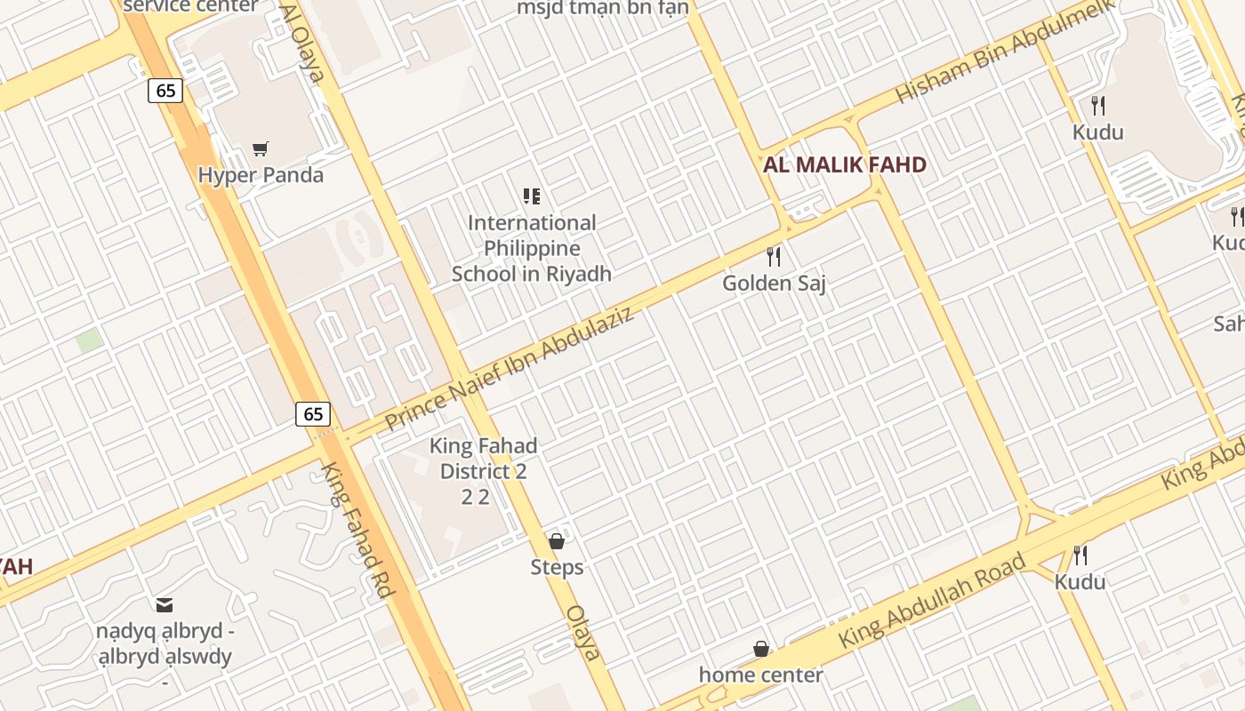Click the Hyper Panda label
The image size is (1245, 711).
click(261, 175)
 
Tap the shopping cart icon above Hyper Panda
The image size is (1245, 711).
click(260, 149)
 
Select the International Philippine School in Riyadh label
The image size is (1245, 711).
click(531, 248)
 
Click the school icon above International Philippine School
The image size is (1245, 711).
click(531, 196)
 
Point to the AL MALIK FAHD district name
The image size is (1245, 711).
click(845, 164)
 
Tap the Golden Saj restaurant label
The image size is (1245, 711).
click(774, 284)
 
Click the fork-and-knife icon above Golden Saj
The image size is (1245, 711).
click(774, 257)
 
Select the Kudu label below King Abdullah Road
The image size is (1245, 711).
click(1080, 582)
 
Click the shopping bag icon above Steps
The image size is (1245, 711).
click(557, 541)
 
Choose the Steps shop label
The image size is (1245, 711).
click(557, 567)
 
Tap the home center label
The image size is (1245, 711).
click(760, 675)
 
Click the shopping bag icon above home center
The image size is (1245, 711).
click(760, 649)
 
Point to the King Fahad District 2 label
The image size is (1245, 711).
click(483, 459)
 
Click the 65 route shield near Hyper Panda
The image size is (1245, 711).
click(165, 90)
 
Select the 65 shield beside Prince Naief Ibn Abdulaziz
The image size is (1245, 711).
click(313, 413)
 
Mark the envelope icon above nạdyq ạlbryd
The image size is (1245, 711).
click(165, 605)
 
